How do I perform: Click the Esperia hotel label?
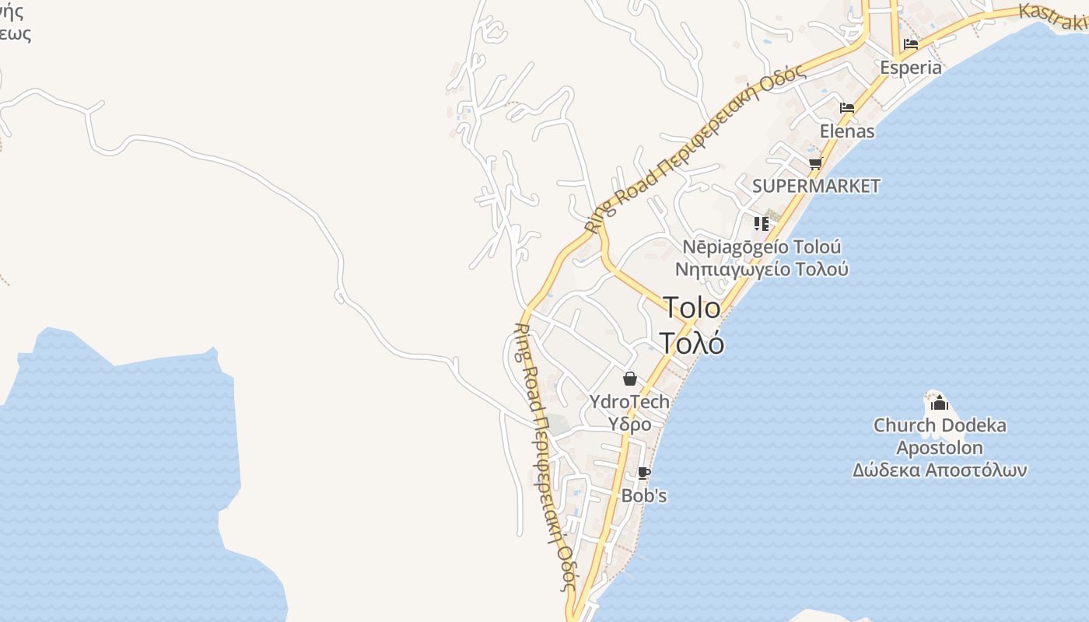(x=911, y=68)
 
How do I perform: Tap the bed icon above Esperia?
(x=911, y=44)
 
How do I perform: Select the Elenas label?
(x=847, y=131)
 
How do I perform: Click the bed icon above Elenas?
(x=847, y=108)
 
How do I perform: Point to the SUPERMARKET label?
(x=816, y=186)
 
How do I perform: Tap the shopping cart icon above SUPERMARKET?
(x=815, y=163)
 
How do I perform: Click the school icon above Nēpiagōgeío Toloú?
(x=761, y=224)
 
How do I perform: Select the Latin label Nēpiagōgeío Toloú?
(x=762, y=247)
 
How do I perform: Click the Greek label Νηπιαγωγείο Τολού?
(x=762, y=270)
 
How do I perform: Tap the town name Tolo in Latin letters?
(x=692, y=308)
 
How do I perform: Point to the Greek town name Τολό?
(x=692, y=342)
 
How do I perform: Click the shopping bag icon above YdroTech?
(x=629, y=379)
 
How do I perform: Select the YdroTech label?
(x=629, y=401)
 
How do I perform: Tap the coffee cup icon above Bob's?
(x=643, y=473)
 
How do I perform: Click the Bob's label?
(x=643, y=495)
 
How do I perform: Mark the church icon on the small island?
(x=939, y=403)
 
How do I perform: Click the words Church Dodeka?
(x=940, y=425)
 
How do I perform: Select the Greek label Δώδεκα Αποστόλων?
(x=940, y=470)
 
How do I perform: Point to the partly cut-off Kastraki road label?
(x=1053, y=18)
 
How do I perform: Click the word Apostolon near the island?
(x=940, y=448)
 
